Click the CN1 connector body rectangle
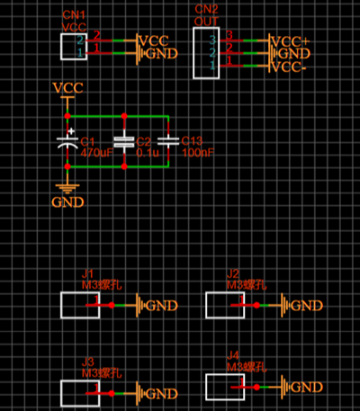(x=73, y=47)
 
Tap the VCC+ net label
(x=291, y=41)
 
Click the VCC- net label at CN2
(x=290, y=67)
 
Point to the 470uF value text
(x=97, y=153)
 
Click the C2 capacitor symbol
(x=123, y=141)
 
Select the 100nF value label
(x=197, y=153)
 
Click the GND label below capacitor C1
(x=67, y=201)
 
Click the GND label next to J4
(x=307, y=388)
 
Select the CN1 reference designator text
(x=75, y=16)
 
